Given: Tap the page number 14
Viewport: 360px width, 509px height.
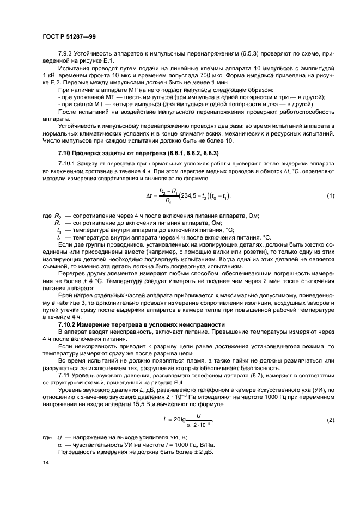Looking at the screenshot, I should tap(45, 463).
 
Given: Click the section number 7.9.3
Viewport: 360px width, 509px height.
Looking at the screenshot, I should tap(67, 54).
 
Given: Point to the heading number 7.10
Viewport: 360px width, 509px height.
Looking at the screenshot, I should tap(66, 153).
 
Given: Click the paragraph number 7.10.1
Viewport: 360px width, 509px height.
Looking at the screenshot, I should tap(68, 164).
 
